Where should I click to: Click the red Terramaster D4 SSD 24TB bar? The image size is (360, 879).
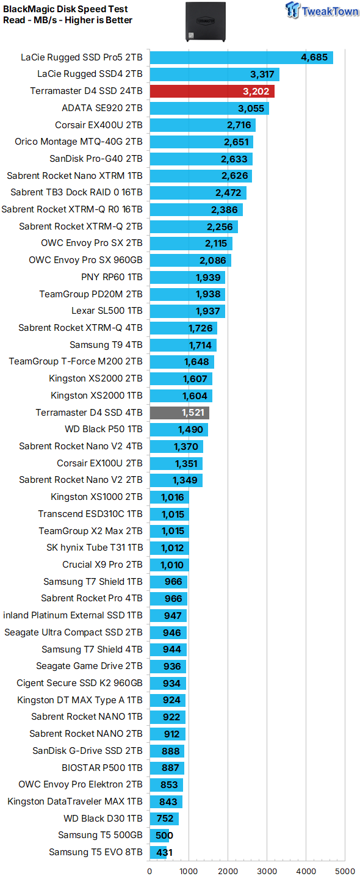click(x=212, y=92)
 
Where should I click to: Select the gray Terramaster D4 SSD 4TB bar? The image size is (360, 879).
click(x=179, y=413)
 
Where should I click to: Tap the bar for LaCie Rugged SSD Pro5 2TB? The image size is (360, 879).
click(x=241, y=58)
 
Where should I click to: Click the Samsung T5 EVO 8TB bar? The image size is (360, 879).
click(x=158, y=852)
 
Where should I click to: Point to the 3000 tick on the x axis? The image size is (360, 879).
click(x=267, y=871)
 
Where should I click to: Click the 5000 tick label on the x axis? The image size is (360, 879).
click(x=345, y=871)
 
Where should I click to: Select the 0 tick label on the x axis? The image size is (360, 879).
click(x=150, y=871)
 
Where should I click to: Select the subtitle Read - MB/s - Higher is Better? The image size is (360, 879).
click(x=67, y=20)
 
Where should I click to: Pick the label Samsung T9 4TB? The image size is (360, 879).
click(x=106, y=345)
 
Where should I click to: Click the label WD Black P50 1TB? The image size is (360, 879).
click(x=103, y=429)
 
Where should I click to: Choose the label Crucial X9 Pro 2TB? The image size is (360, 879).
click(x=102, y=565)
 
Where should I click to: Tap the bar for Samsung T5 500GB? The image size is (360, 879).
click(x=160, y=835)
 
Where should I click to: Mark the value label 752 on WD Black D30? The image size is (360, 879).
click(x=165, y=819)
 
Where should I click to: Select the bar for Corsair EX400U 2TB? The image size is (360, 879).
click(x=203, y=126)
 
